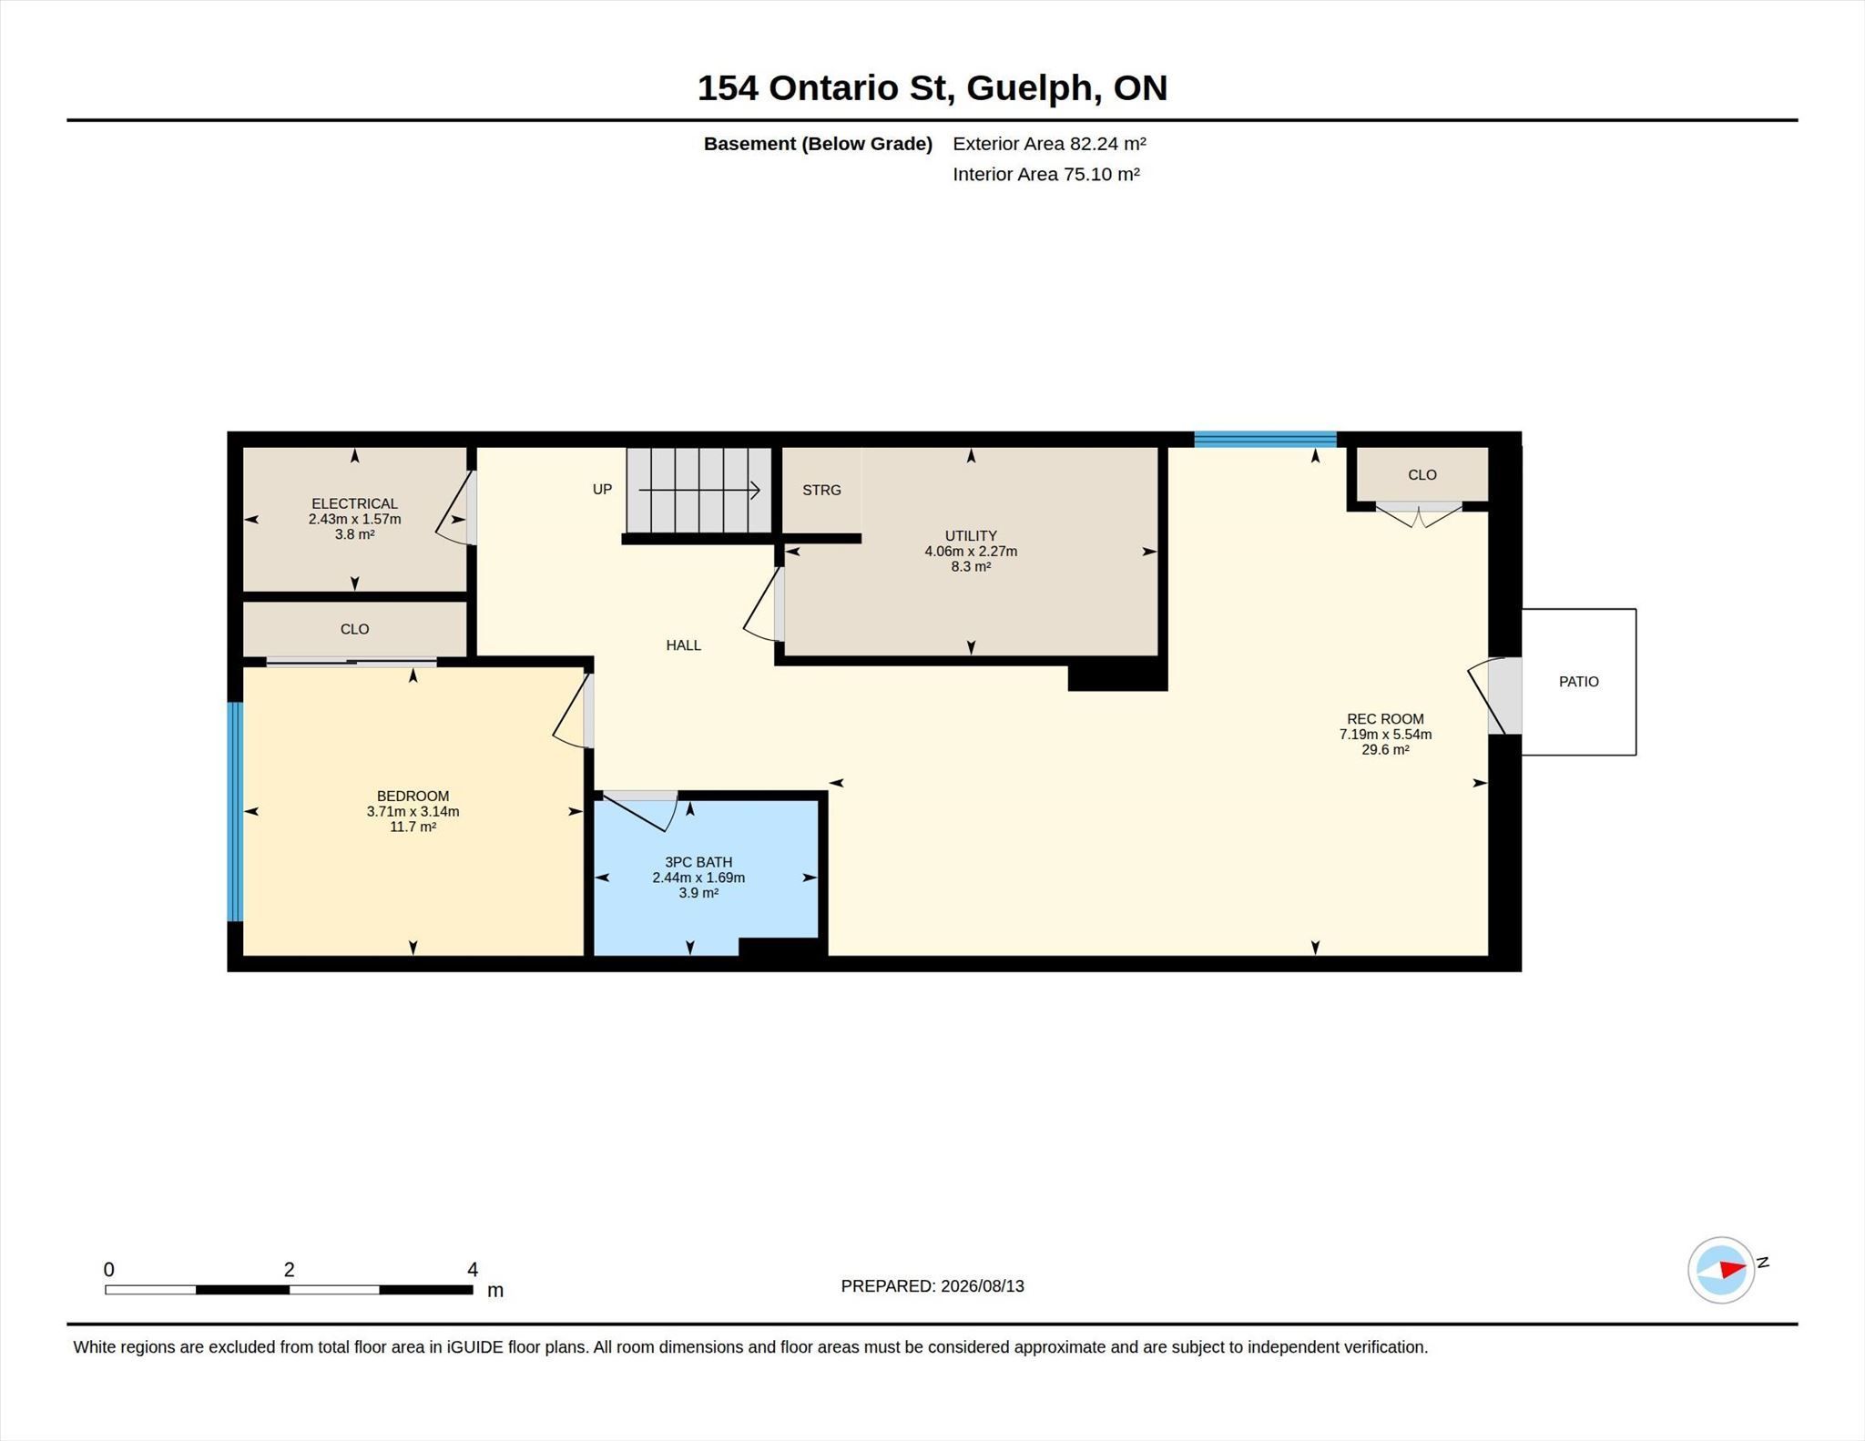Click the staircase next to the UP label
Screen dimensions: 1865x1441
click(698, 490)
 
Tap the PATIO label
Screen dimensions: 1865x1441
click(1578, 681)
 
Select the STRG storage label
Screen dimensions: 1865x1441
click(821, 490)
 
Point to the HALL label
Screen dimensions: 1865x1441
click(683, 645)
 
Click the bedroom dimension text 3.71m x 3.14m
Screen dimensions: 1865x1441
click(413, 811)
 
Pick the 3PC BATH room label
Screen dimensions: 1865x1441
click(698, 862)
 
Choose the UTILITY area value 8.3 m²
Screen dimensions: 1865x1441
click(971, 566)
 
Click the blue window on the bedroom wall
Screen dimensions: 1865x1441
click(235, 811)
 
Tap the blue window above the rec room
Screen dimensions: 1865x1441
click(1265, 440)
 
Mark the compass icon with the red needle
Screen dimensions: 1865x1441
click(1721, 1270)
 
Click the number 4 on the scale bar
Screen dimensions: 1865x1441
click(473, 1269)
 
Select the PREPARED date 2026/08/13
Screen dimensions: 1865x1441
click(982, 1286)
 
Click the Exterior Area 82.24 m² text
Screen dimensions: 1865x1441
click(1049, 144)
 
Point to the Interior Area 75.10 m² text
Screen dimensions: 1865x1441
click(1046, 174)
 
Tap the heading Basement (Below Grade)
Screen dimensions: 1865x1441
click(818, 144)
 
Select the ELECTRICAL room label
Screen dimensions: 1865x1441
click(354, 503)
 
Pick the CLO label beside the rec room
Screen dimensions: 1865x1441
click(1422, 475)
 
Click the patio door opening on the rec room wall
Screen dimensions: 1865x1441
click(1504, 695)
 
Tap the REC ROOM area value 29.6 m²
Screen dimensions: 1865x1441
click(1385, 750)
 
